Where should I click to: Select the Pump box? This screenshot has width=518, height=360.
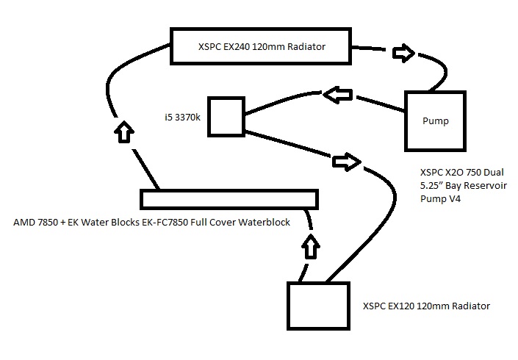434,120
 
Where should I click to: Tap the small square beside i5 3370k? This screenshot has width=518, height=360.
226,117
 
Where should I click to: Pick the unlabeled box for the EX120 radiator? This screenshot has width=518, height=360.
317,306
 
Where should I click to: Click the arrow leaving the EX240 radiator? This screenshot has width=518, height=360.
403,53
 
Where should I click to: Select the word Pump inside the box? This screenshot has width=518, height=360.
434,120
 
